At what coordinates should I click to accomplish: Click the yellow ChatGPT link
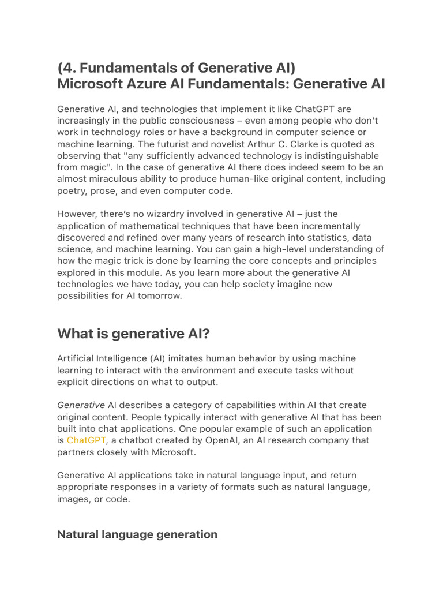coord(86,440)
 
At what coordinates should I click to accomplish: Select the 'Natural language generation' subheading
coord(137,534)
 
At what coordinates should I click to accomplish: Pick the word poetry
coord(72,190)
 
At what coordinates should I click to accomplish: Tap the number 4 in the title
coord(68,66)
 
